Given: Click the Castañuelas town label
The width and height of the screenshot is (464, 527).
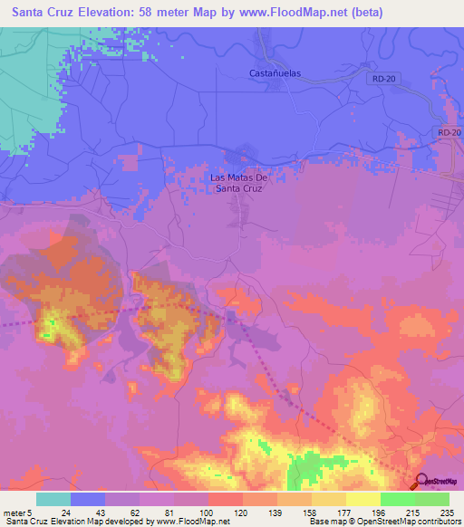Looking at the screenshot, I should pos(275,72).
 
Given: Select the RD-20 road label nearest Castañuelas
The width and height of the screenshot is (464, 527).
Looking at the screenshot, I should pos(383,80).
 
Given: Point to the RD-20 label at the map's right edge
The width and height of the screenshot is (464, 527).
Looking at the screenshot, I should pos(449,133).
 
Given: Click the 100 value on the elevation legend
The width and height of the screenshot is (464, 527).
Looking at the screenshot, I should pos(208,512).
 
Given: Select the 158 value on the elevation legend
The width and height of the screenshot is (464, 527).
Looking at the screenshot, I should pos(311,512).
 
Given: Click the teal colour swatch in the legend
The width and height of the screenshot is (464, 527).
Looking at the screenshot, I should pos(53,499).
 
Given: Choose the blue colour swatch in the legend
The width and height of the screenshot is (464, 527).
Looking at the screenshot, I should pos(88,499).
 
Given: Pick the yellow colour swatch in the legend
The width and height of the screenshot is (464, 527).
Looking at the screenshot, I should pos(362,499).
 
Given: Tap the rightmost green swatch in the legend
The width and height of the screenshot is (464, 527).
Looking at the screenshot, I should pos(431,499).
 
